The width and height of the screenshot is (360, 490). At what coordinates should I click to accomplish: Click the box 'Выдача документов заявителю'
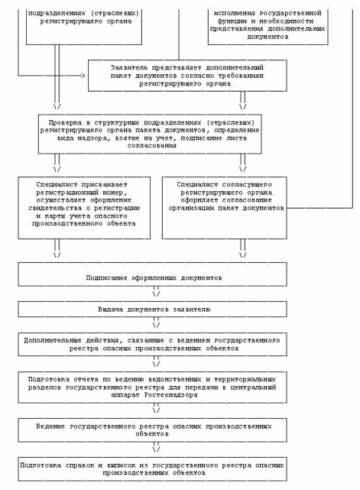click(x=152, y=309)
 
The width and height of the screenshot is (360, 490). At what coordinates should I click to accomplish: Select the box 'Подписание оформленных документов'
click(x=152, y=274)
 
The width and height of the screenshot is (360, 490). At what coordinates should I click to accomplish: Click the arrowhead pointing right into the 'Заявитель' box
click(x=83, y=76)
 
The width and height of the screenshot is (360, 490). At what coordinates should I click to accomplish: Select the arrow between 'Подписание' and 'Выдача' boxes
click(x=156, y=291)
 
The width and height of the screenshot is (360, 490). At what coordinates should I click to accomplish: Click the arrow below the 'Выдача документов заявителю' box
click(x=156, y=323)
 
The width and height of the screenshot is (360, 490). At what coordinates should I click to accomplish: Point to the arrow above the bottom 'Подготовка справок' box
click(x=156, y=447)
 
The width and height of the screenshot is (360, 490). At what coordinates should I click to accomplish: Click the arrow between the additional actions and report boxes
click(x=156, y=362)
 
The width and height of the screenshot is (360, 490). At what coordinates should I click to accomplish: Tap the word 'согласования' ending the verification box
click(x=152, y=146)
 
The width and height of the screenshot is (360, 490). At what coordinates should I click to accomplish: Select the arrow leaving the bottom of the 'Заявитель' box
click(x=243, y=100)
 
